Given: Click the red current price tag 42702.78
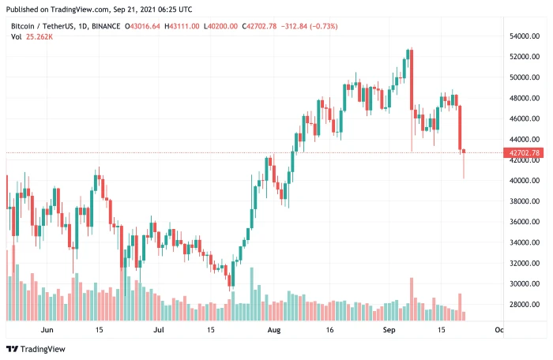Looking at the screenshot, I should click(x=525, y=152).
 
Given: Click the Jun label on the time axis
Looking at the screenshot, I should click(x=47, y=329).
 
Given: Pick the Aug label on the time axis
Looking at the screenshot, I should click(x=274, y=329).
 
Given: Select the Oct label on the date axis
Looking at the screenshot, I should click(x=498, y=329).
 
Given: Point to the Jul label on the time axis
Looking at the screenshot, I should click(x=158, y=329).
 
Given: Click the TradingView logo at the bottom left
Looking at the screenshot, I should click(x=36, y=349).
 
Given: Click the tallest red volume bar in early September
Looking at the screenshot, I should click(x=412, y=299).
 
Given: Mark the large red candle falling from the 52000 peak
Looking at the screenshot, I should click(x=412, y=79).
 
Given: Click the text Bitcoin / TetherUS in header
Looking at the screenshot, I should click(x=47, y=26).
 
